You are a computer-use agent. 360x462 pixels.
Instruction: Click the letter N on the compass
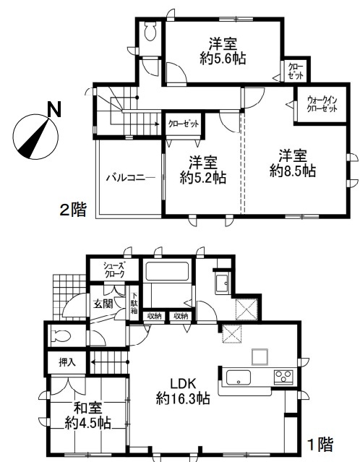pos(54,109)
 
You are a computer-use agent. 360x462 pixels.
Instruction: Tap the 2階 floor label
pos(73,210)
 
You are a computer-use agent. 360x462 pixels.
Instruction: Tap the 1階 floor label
pos(320,445)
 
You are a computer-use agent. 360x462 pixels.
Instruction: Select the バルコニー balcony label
pos(131,178)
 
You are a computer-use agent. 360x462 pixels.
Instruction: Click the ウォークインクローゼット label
pos(322,104)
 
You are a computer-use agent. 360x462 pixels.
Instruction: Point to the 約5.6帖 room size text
pos(223,59)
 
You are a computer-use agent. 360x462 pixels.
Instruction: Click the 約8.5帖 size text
pos(293,171)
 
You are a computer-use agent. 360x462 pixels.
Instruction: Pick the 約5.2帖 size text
pos(203,178)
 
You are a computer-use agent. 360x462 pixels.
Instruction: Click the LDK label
pos(183,384)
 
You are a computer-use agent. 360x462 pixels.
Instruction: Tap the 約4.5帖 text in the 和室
pos(87,423)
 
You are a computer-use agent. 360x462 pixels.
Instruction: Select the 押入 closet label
pos(67,362)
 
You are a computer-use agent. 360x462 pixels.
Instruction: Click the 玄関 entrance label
pos(103,304)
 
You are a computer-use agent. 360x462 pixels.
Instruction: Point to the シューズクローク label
pos(113,269)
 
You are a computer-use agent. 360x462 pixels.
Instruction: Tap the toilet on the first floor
pos(61,335)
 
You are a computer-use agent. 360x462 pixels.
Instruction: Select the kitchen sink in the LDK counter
pos(239,377)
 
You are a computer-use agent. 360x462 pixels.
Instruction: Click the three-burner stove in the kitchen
pos(283,377)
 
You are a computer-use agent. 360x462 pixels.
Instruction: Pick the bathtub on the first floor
pos(167,271)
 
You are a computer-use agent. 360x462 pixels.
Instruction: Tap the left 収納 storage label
pos(155,317)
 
